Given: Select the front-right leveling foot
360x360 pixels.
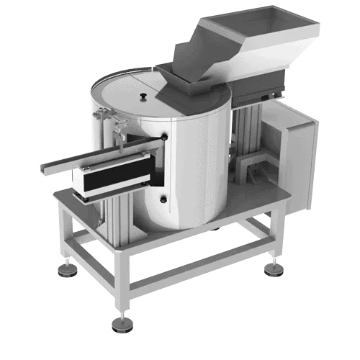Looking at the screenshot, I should [274, 270].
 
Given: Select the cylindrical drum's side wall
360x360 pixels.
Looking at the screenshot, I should [194, 166].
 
